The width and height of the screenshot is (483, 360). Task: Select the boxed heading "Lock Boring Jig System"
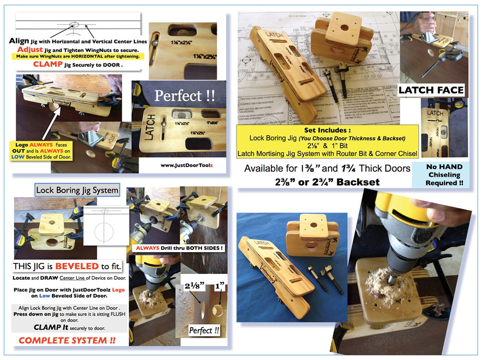(77, 190)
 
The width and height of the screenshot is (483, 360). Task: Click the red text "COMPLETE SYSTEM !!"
(67, 340)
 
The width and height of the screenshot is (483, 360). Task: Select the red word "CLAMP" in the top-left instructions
(47, 64)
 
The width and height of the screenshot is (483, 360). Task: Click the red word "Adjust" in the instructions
(30, 49)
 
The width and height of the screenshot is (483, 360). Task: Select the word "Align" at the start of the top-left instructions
(19, 41)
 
